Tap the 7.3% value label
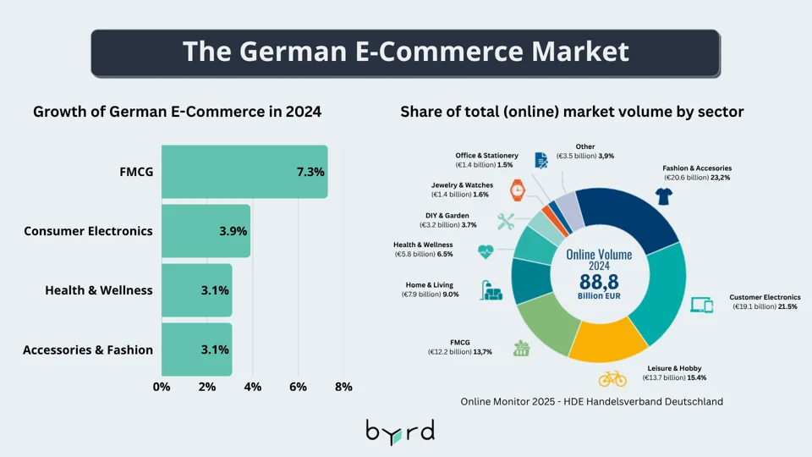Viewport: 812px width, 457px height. (x=310, y=172)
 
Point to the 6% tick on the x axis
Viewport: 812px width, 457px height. (x=298, y=387)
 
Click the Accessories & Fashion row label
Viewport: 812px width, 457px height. (x=88, y=350)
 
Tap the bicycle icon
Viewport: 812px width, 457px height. (x=612, y=377)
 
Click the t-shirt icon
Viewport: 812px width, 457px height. (x=664, y=196)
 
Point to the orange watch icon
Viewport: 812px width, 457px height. (x=517, y=190)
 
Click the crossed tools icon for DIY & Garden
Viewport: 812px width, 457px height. (x=506, y=222)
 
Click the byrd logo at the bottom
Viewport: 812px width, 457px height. (x=400, y=430)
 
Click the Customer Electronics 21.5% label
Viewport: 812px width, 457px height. (x=765, y=302)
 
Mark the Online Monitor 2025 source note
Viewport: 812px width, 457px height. (x=592, y=401)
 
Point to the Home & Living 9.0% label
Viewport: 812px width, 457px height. (x=431, y=290)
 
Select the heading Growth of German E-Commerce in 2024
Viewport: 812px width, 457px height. (x=177, y=112)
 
